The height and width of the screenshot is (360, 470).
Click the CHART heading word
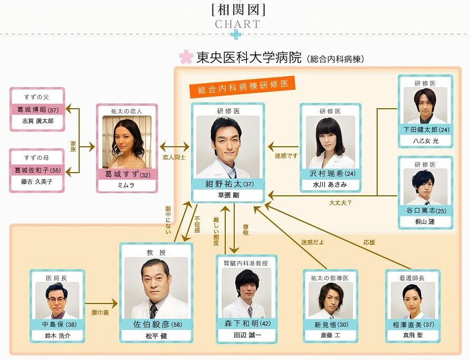click(x=237, y=24)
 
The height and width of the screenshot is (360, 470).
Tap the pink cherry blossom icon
click(x=186, y=57)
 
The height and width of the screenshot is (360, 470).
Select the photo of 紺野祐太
click(x=227, y=146)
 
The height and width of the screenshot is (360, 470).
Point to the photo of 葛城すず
click(x=127, y=141)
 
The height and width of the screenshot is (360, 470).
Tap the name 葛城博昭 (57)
click(x=37, y=109)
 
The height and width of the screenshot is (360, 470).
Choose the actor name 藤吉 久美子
click(x=37, y=182)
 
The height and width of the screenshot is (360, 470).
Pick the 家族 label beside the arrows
click(x=73, y=146)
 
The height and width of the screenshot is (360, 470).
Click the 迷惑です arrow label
click(x=286, y=156)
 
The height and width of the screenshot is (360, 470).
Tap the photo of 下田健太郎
click(x=425, y=105)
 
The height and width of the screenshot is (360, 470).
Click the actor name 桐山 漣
click(x=425, y=222)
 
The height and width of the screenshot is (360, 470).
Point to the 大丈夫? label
click(x=340, y=203)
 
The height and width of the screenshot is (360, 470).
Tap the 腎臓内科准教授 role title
click(x=246, y=263)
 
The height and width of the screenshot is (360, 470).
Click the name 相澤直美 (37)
click(x=412, y=324)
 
